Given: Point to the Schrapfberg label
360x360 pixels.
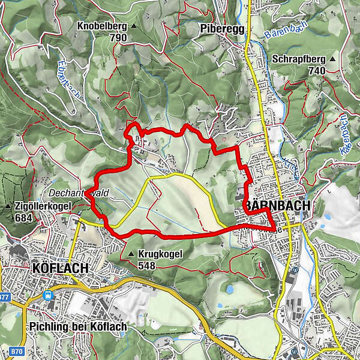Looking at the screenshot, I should (x=298, y=59).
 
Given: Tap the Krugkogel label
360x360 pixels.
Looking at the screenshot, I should (x=160, y=254).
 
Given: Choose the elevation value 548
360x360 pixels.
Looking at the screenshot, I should (x=147, y=265).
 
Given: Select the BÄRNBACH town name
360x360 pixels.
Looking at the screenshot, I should (x=278, y=206).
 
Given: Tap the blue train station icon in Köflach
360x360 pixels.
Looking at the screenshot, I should (x=47, y=295).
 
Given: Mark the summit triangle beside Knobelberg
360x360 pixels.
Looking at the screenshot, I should (x=134, y=27).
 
